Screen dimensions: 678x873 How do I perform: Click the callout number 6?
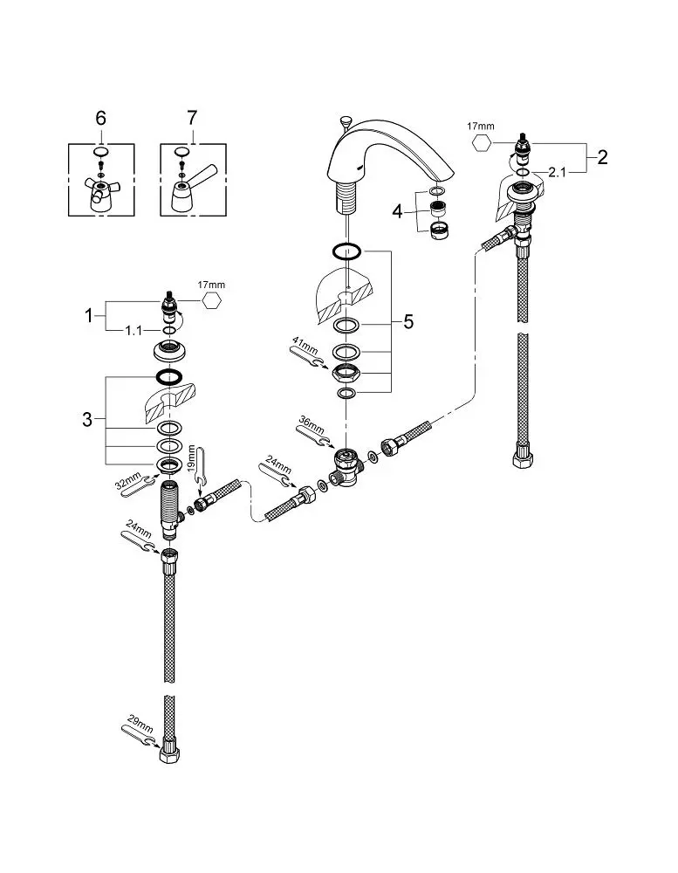pyautogui.click(x=100, y=118)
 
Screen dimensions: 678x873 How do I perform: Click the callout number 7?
pyautogui.click(x=192, y=118)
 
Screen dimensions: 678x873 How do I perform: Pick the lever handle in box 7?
pyautogui.click(x=191, y=189)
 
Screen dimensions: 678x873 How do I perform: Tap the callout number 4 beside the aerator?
pyautogui.click(x=397, y=211)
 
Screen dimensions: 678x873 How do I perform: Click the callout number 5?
pyautogui.click(x=408, y=322)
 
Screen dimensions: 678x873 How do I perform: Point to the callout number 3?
pyautogui.click(x=87, y=419)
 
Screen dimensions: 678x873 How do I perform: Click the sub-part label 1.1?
pyautogui.click(x=134, y=331)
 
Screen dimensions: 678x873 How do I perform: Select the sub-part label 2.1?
pyautogui.click(x=557, y=173)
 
